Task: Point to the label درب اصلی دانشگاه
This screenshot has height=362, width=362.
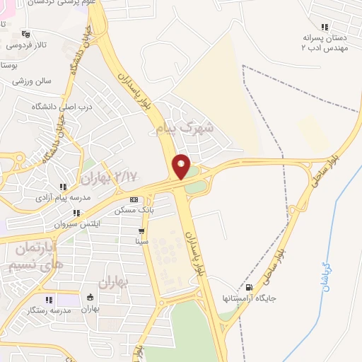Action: (62, 106)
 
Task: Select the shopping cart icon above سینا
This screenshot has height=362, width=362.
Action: (141, 230)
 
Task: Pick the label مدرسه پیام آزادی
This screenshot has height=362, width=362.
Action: (62, 198)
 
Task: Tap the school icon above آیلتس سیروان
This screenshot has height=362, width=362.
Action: (76, 213)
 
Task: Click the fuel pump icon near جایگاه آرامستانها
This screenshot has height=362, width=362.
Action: (249, 287)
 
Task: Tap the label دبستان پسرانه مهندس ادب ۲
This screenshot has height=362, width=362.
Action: (324, 42)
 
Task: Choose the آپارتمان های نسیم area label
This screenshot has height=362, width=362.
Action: (35, 258)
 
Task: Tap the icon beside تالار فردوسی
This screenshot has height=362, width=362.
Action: (26, 33)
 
